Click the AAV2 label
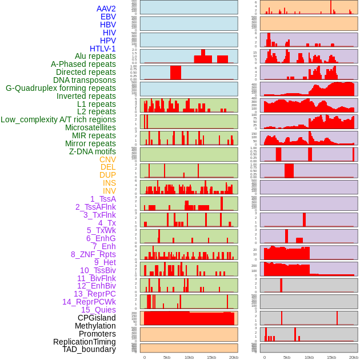pyautogui.click(x=106, y=9)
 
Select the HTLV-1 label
pyautogui.click(x=103, y=49)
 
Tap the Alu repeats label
pyautogui.click(x=95, y=57)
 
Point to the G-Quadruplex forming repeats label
pyautogui.click(x=61, y=88)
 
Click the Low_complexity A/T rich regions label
pyautogui.click(x=58, y=119)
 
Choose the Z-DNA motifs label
pyautogui.click(x=93, y=151)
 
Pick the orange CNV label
pyautogui.click(x=107, y=159)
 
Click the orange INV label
pyautogui.click(x=109, y=191)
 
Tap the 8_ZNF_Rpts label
pyautogui.click(x=93, y=254)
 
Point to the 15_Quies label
pyautogui.click(x=98, y=310)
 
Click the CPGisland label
pyautogui.click(x=97, y=318)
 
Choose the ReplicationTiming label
pyautogui.click(x=85, y=342)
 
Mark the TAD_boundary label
pyautogui.click(x=89, y=349)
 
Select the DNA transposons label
pyautogui.click(x=85, y=80)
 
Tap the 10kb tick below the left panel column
pyautogui.click(x=189, y=357)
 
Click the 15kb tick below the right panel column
pyautogui.click(x=331, y=357)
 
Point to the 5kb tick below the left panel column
pyautogui.click(x=167, y=357)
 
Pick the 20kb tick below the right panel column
pyautogui.click(x=354, y=357)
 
